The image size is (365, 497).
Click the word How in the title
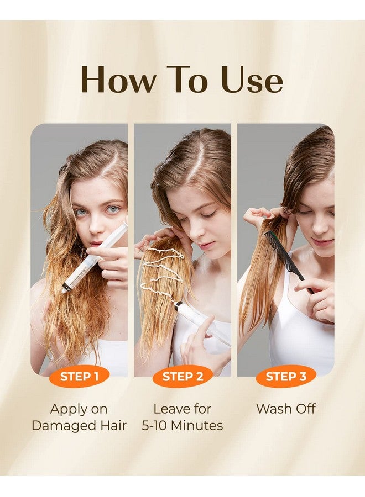point(117,80)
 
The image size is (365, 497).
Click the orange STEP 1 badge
point(79,376)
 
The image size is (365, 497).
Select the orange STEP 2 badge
point(182,376)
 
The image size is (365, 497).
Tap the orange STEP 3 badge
point(286,376)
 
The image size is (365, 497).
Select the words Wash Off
point(286,409)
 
